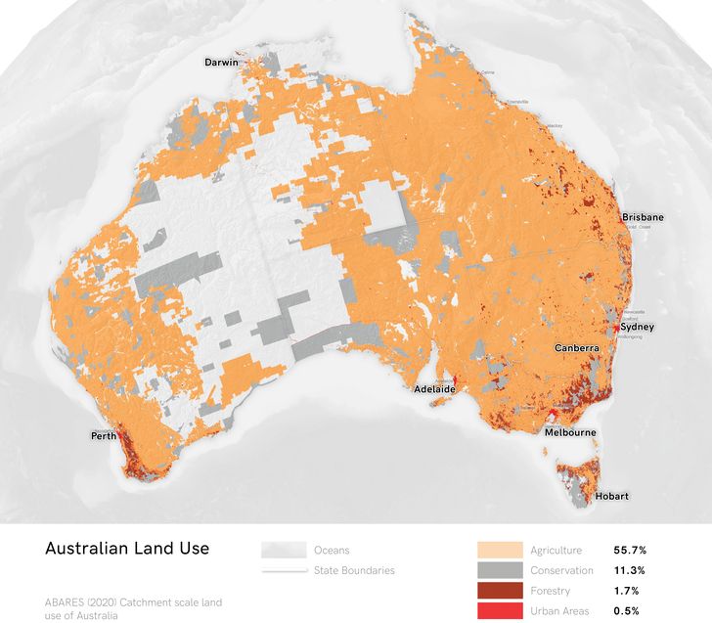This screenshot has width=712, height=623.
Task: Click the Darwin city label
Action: tap(221, 63)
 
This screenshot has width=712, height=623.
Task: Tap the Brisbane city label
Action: tap(643, 217)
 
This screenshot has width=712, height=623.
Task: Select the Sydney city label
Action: tap(637, 327)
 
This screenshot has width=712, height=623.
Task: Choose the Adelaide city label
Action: tap(432, 389)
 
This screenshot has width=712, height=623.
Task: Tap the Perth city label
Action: tap(105, 434)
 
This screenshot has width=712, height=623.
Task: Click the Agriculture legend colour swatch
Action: tap(499, 550)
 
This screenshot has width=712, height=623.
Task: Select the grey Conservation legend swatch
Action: tap(499, 570)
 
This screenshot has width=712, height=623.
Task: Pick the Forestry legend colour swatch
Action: tap(499, 591)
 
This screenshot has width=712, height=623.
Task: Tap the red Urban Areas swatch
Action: tap(499, 611)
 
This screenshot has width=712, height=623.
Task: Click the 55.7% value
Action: tap(630, 550)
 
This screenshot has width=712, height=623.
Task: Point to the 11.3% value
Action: tap(629, 570)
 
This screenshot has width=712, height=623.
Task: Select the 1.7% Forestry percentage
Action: tap(626, 591)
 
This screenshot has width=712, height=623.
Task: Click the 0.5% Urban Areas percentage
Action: tap(627, 611)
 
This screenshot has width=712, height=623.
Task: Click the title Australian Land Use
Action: tap(127, 549)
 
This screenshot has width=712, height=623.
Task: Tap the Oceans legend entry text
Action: tap(332, 550)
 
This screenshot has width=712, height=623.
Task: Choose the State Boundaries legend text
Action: tap(354, 570)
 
